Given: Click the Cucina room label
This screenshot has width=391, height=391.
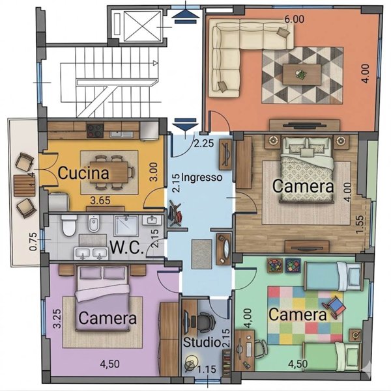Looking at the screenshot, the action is point(83,173).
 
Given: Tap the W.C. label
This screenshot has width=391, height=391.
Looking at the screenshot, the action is point(127,247).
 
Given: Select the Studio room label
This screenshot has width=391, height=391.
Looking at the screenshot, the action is point(201,342).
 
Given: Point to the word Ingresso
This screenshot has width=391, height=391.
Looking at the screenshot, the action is point(201,178).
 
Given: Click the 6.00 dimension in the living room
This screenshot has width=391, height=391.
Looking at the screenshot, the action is point(295,19).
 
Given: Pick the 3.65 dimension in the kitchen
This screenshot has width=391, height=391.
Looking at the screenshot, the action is point(100,200).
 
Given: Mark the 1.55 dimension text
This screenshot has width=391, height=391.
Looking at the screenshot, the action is point(360,224).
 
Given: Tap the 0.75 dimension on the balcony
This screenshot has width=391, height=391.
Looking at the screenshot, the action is point(33,241).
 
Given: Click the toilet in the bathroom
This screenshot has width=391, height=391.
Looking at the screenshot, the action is point(69,225).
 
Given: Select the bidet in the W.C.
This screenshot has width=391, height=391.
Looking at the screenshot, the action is point(94,223).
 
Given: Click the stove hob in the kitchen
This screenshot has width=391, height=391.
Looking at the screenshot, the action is point(95,131).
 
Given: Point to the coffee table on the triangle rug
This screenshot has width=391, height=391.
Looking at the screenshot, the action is point(302,75).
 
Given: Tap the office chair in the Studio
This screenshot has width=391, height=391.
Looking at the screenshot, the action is point(205,321).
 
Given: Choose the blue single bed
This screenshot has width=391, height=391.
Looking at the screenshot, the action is point(334,276).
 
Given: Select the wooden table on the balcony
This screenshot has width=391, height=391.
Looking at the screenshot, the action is point(24,185).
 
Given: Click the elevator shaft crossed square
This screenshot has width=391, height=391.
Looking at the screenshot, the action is point(142,26).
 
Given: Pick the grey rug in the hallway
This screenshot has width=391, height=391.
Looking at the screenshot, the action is point(201,254).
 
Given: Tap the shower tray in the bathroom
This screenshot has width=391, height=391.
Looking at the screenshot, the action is point(126,226).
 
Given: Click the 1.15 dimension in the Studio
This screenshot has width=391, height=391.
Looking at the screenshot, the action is point(207,369).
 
